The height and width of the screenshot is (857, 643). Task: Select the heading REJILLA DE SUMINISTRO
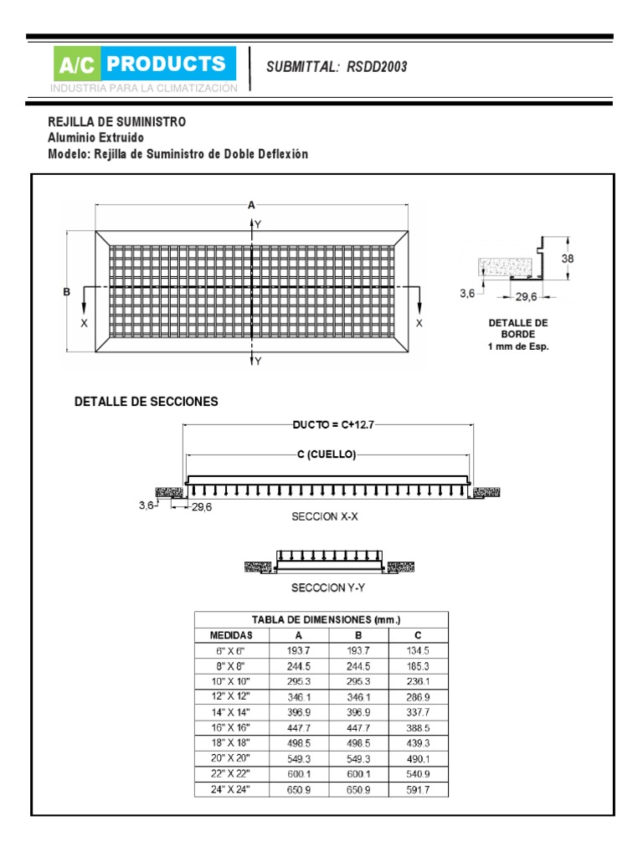pos(116,122)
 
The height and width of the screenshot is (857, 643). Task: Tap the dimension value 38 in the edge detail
pos(568,259)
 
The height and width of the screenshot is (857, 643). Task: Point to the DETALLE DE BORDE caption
pos(518,334)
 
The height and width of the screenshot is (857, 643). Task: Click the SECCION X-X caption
pos(325,517)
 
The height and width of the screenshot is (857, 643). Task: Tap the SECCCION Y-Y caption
pos(328,588)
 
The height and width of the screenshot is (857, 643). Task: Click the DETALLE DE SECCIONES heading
pos(147,402)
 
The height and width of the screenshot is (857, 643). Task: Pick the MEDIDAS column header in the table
pos(231,635)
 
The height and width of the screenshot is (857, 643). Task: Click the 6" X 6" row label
pos(231,650)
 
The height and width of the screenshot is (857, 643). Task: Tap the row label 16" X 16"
pos(231,728)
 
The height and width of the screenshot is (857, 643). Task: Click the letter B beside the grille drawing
pos(66,292)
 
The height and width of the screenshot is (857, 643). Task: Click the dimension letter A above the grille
pos(251,204)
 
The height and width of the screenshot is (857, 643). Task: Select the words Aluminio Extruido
pos(95,138)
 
